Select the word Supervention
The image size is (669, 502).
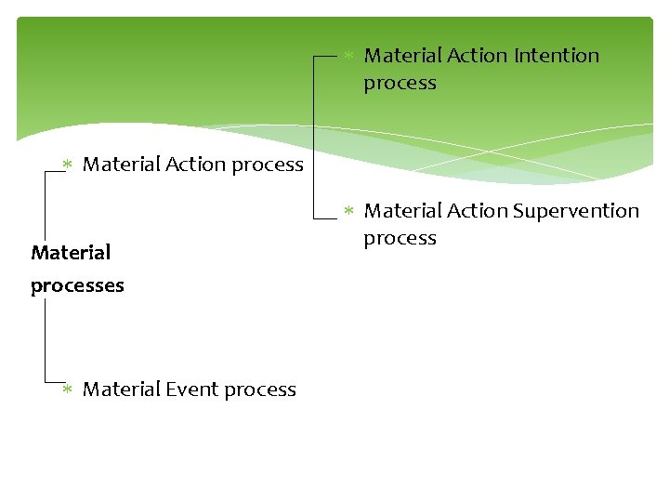point(576,211)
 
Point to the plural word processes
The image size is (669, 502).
point(77,285)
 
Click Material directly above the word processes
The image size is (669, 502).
point(71,252)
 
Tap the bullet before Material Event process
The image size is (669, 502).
point(67,390)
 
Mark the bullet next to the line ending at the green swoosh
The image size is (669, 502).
point(67,165)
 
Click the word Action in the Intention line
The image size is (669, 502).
point(477,56)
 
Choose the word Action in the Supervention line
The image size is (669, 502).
point(477,211)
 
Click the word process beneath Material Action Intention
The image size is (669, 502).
point(400,83)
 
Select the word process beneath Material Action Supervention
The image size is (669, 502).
point(400,238)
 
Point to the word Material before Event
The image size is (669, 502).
point(122,390)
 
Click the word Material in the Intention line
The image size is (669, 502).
point(402,56)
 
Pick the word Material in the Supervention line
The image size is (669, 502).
point(402,211)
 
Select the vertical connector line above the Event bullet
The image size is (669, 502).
point(45,339)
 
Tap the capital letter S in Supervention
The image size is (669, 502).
point(518,211)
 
